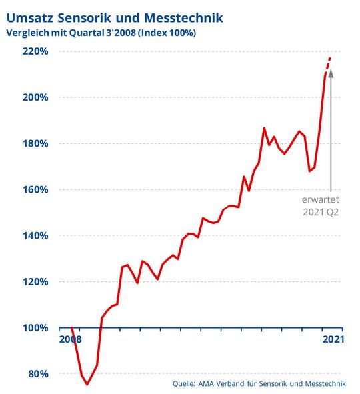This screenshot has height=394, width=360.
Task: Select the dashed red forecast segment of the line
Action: point(328,65)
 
